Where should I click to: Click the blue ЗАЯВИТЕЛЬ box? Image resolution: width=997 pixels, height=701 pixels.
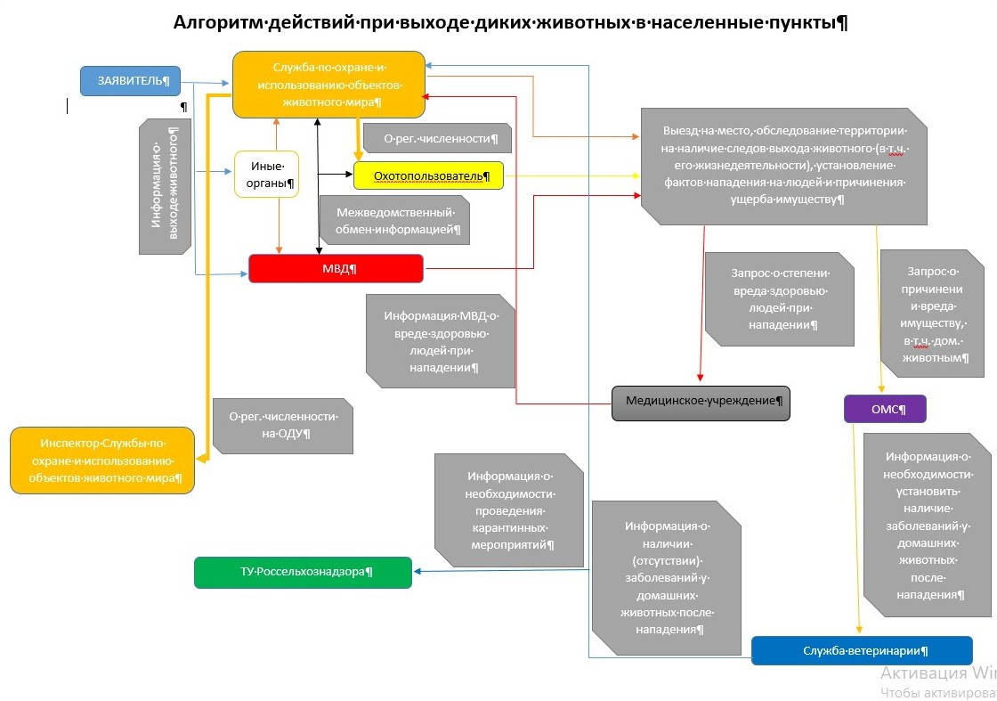(130, 81)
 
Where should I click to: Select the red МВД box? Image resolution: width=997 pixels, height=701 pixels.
(336, 268)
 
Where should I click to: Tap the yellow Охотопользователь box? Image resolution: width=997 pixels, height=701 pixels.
(428, 175)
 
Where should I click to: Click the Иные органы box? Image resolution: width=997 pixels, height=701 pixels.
(266, 175)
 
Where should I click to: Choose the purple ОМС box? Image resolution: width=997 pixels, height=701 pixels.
(885, 409)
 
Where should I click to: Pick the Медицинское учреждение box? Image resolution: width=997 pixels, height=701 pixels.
(701, 402)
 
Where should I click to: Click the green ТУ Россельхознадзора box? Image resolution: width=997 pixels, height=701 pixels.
(303, 572)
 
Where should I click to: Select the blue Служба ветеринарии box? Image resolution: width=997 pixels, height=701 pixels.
(862, 650)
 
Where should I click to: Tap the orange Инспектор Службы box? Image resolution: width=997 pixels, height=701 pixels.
(102, 460)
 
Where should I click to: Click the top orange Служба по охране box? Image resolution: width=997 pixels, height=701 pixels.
(328, 85)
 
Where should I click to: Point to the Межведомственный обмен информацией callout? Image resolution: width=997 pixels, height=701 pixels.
(394, 220)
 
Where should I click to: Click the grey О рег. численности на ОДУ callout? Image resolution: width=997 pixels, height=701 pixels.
(282, 424)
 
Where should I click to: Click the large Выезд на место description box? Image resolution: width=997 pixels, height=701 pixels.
(783, 166)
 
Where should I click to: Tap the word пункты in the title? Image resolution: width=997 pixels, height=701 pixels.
(804, 22)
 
